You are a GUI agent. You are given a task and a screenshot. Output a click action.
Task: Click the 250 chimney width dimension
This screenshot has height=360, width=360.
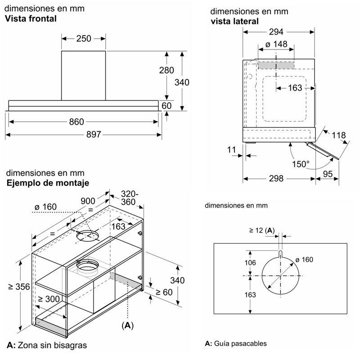(84, 39)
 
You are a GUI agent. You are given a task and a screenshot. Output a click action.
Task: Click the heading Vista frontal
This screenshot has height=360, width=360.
(31, 19)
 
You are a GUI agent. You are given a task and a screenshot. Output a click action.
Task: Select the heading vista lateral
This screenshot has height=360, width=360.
(234, 21)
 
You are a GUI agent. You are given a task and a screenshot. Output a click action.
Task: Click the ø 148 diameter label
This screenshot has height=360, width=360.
(276, 45)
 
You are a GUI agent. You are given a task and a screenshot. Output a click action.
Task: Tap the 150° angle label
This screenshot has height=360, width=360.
(301, 164)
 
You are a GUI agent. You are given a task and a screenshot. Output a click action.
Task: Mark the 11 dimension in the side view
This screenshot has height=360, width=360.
(232, 149)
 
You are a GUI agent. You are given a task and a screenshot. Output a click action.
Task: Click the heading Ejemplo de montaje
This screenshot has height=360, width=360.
(47, 183)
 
